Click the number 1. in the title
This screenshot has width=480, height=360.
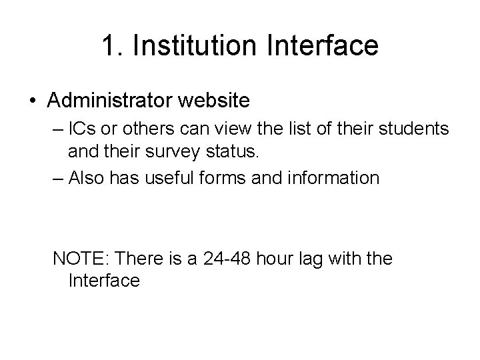pyautogui.click(x=113, y=46)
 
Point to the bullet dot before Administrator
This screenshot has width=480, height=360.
pyautogui.click(x=33, y=101)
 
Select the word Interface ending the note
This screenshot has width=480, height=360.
pyautogui.click(x=104, y=280)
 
